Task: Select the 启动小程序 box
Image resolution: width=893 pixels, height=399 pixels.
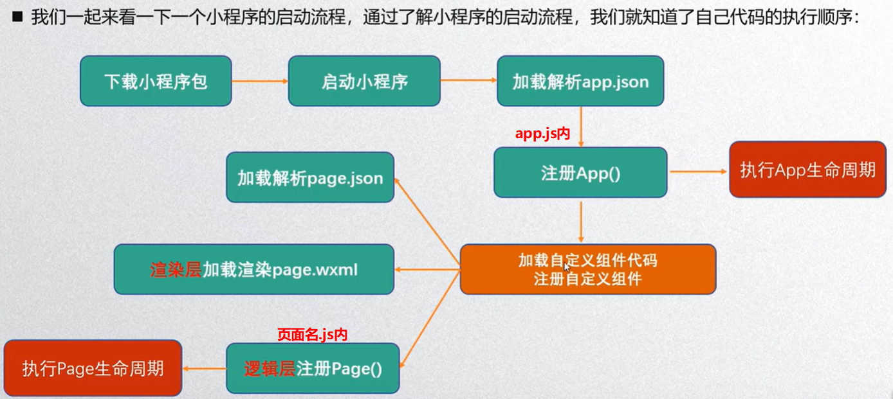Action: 364,81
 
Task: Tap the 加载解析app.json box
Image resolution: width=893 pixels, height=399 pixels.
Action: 580,81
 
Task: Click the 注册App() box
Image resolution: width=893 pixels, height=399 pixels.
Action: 580,172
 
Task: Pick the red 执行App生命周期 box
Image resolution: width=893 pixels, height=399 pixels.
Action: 807,170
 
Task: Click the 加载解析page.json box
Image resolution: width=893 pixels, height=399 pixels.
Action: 310,177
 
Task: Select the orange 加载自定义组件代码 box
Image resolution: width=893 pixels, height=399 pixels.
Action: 587,269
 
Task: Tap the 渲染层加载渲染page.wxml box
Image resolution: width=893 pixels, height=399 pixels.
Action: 253,269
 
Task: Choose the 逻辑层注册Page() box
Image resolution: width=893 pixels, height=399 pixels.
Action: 313,368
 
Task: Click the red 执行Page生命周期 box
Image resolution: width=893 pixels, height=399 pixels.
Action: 93,368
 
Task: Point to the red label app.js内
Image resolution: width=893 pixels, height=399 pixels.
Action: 543,133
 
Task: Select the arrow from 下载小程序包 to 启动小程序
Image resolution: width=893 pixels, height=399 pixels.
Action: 259,81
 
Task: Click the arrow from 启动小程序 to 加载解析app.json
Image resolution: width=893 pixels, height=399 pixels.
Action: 468,81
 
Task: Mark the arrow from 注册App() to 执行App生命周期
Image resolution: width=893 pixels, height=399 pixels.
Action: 697,172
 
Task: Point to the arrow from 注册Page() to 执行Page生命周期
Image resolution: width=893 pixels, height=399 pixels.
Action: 204,368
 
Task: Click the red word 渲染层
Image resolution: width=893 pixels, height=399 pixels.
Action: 176,270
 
